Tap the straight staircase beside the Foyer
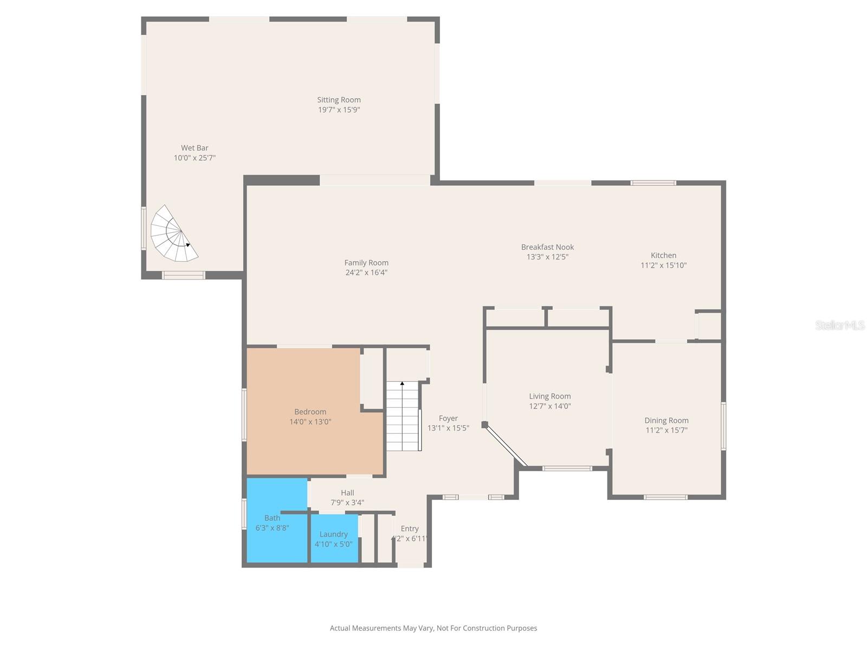[x=403, y=416]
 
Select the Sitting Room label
[x=339, y=100]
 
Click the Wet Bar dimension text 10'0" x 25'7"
[x=195, y=158]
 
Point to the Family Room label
[x=366, y=263]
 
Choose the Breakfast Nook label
[x=547, y=247]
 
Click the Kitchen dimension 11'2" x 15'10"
[x=663, y=265]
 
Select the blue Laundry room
[x=334, y=538]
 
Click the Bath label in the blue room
[x=272, y=518]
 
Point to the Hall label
[x=347, y=492]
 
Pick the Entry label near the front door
[x=410, y=529]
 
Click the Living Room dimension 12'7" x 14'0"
[x=550, y=406]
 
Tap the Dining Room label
[x=666, y=420]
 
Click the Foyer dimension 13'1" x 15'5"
[x=448, y=428]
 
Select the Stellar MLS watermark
[x=839, y=325]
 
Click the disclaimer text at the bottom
[x=433, y=628]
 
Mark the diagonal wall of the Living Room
[x=506, y=445]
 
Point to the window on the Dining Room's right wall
[x=723, y=426]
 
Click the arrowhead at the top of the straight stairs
[x=402, y=383]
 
